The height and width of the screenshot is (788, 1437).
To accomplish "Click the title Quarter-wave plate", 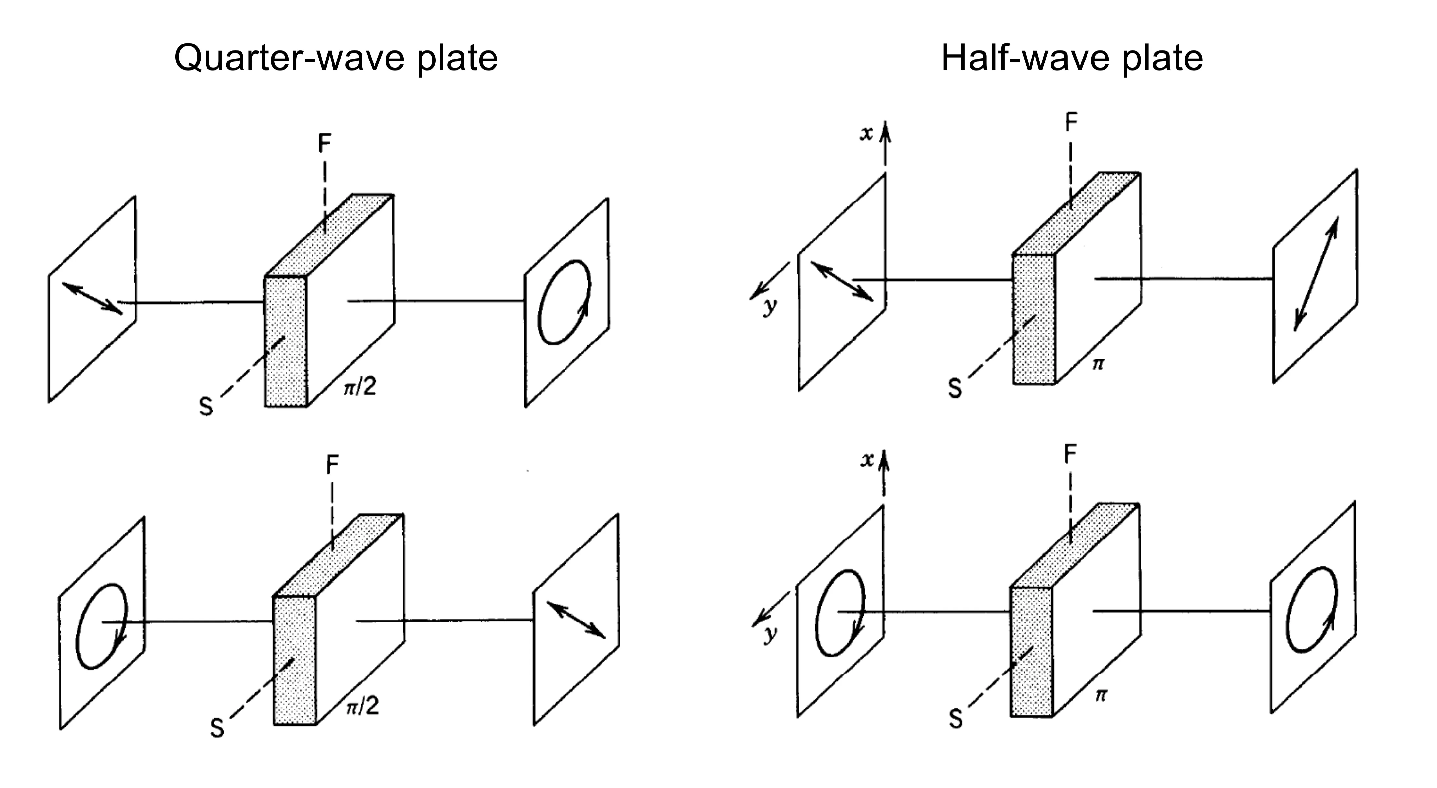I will click(336, 58).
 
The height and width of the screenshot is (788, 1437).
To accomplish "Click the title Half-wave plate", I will click(1071, 58).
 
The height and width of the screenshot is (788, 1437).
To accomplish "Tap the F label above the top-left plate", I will click(324, 144).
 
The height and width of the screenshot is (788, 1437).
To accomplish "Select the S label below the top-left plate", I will click(206, 407).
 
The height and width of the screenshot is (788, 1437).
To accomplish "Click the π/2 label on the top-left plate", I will click(360, 385).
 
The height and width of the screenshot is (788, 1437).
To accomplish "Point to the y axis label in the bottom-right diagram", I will click(770, 634).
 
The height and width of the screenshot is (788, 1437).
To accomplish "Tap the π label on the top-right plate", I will click(1097, 364).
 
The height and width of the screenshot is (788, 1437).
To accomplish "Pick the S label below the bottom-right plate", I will click(956, 719).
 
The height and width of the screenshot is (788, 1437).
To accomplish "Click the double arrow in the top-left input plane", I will click(92, 298).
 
